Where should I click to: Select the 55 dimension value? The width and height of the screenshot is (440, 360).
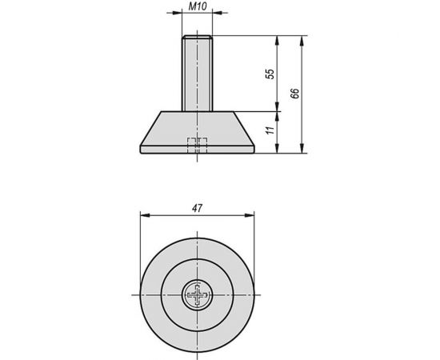(270, 73)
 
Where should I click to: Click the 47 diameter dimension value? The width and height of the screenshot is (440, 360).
(196, 208)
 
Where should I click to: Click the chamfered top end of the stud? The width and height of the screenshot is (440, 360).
(196, 38)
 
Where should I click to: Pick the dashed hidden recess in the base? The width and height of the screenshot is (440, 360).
(196, 145)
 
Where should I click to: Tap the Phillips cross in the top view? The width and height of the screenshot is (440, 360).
(196, 295)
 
